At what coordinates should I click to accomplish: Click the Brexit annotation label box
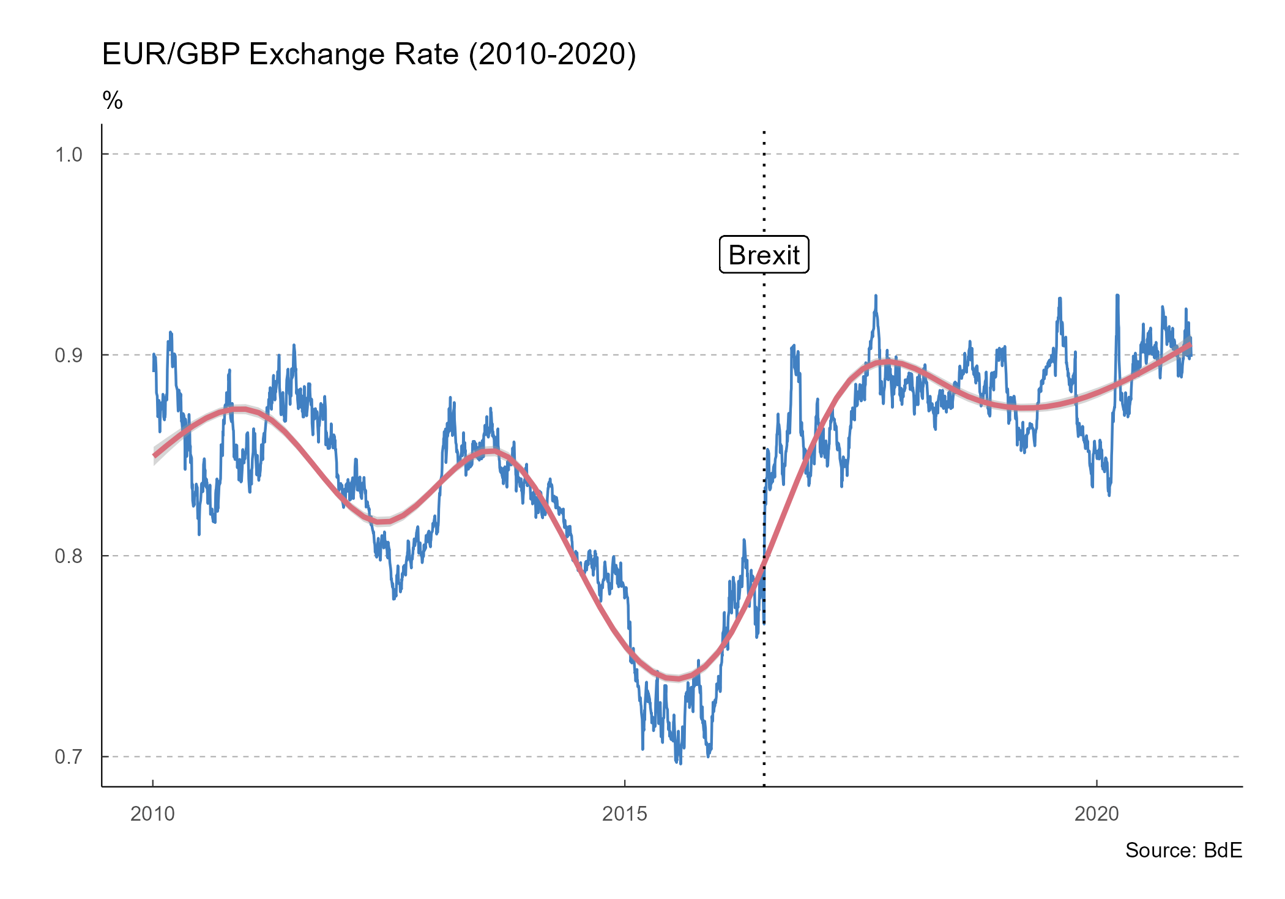point(764,255)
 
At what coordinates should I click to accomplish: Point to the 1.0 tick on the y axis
point(69,154)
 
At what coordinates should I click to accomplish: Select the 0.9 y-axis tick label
point(69,355)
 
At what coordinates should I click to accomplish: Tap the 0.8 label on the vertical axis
point(69,556)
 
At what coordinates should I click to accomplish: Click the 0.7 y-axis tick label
point(69,757)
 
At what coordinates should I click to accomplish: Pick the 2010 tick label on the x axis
point(152,813)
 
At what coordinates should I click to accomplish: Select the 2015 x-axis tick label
point(624,813)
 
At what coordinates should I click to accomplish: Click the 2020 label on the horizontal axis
point(1097,813)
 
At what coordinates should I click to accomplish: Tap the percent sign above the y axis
point(113,100)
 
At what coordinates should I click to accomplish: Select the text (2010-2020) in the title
point(553,54)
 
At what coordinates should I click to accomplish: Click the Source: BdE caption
point(1183,850)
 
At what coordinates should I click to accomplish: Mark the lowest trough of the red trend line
point(677,678)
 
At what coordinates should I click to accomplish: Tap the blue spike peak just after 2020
point(1117,296)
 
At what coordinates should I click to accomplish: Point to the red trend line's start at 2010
point(154,455)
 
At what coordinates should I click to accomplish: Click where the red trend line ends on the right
point(1190,345)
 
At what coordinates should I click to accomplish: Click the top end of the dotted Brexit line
point(764,132)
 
